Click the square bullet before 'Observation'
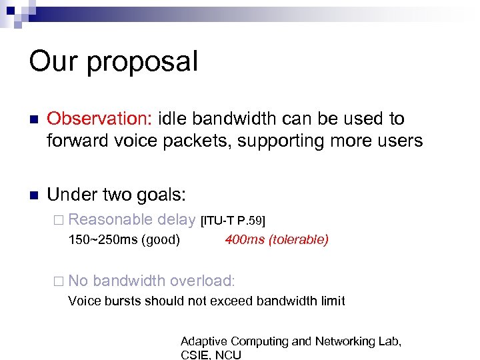coord(34,119)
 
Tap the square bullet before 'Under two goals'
coord(34,196)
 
